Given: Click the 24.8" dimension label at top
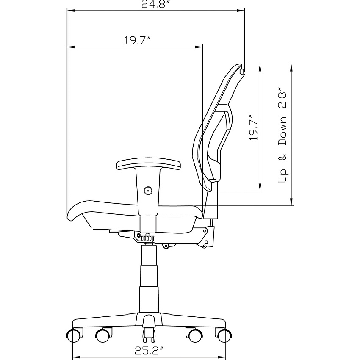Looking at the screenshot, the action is click(157, 4).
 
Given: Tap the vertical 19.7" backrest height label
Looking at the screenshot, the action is click(254, 127).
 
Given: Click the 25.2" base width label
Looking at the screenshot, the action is click(150, 351).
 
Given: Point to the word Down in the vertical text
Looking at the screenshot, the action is click(282, 130).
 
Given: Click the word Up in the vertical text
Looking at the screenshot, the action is click(283, 176).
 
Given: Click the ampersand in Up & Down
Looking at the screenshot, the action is click(282, 157).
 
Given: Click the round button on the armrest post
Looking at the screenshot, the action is click(148, 190).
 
